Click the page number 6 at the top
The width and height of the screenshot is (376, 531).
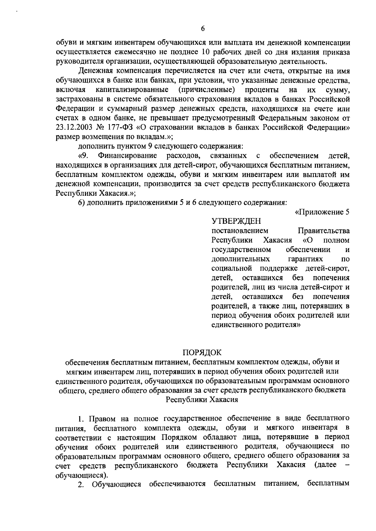203,28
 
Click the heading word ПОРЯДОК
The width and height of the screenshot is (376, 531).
202,353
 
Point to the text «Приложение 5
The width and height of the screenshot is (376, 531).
322,212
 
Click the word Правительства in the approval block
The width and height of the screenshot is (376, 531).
324,231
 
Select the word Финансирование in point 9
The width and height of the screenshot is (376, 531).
128,155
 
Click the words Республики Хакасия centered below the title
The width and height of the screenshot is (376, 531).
202,400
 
